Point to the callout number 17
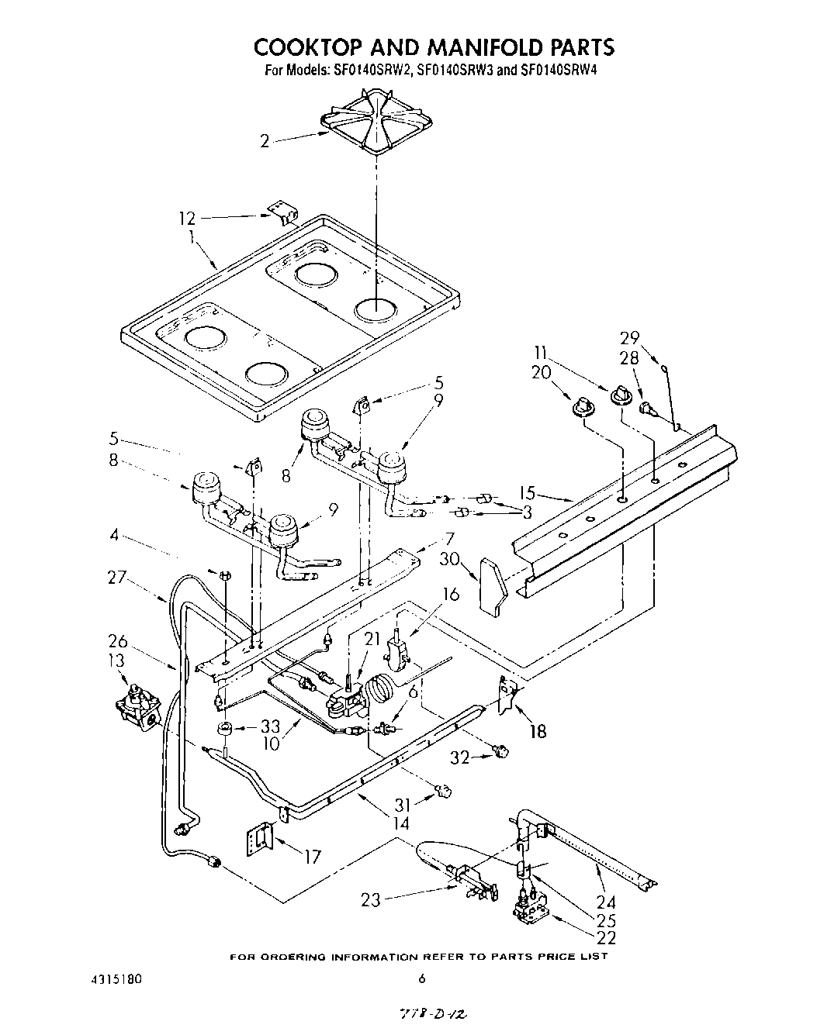tap(312, 857)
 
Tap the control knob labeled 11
tap(619, 394)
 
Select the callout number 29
tap(629, 337)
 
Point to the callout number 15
tap(528, 492)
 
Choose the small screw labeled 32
tap(501, 750)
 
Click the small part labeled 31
tap(443, 791)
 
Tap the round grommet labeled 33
tap(225, 728)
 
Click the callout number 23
tap(372, 900)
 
